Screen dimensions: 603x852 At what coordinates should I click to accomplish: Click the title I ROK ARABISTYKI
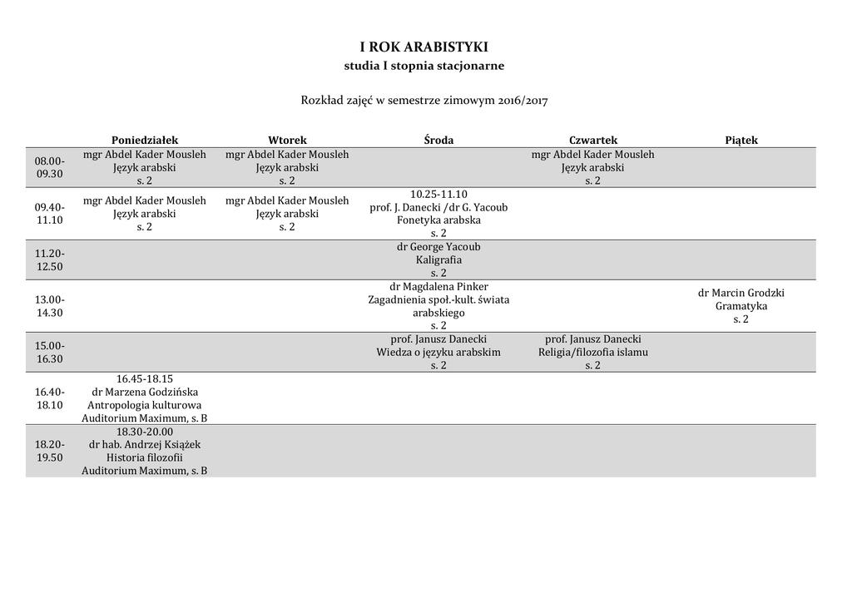click(x=424, y=47)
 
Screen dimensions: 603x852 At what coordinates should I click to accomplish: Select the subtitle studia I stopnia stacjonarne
click(x=424, y=65)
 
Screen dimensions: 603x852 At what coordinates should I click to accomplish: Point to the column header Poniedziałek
click(x=145, y=141)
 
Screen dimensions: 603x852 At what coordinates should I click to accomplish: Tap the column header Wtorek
click(x=287, y=141)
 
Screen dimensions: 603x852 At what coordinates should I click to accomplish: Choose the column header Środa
click(x=438, y=141)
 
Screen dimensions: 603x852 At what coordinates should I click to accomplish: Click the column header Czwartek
click(x=593, y=141)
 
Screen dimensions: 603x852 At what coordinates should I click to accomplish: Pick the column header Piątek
click(x=741, y=141)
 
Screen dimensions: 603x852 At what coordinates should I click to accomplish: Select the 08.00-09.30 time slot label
click(x=49, y=167)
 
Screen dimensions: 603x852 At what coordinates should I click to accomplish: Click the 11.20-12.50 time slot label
click(x=49, y=259)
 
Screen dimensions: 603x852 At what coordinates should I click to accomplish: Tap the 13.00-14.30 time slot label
click(x=49, y=306)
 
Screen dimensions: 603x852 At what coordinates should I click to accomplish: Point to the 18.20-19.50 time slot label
click(x=49, y=451)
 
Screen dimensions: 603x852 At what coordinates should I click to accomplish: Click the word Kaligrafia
click(x=438, y=259)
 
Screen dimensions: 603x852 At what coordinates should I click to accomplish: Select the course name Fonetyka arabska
click(x=438, y=220)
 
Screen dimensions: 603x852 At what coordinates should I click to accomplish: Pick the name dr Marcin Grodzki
click(x=741, y=293)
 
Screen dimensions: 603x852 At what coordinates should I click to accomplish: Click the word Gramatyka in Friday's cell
click(x=741, y=306)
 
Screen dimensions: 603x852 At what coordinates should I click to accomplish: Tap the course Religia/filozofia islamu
click(x=593, y=352)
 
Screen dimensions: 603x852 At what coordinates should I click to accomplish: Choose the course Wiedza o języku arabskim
click(x=438, y=352)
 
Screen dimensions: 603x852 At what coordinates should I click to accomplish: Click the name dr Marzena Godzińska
click(x=145, y=392)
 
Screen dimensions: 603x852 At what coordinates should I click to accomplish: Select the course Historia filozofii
click(x=145, y=457)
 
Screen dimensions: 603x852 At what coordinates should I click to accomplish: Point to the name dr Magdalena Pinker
click(x=438, y=287)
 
